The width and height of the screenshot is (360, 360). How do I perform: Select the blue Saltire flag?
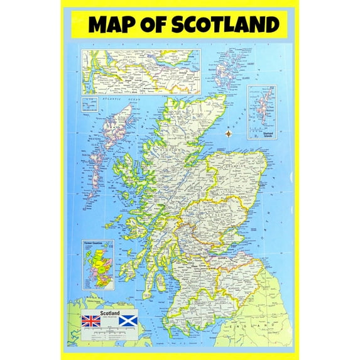[x=128, y=320]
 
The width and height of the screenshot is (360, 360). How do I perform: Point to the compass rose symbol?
[x=227, y=133]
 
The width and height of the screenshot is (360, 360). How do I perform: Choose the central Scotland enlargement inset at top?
[x=141, y=72]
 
